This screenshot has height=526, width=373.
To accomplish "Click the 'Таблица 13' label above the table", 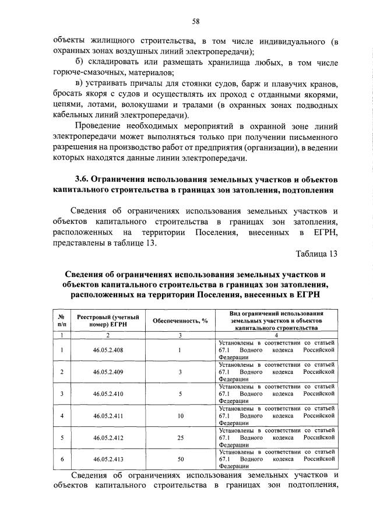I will tap(316, 255).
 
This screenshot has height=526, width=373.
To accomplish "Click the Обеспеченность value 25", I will tap(181, 437).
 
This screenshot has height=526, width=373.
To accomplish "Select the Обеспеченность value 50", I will tap(181, 460).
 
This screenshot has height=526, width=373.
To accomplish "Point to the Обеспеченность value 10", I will tap(181, 416).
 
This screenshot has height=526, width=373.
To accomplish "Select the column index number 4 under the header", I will tap(276, 335).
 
